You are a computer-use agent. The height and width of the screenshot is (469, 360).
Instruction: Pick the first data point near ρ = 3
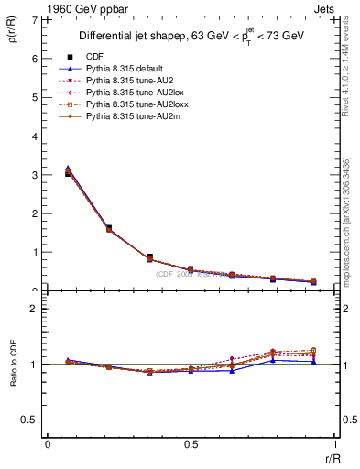[x=68, y=171]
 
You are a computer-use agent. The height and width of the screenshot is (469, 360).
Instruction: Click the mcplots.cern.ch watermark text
[x=348, y=214]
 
